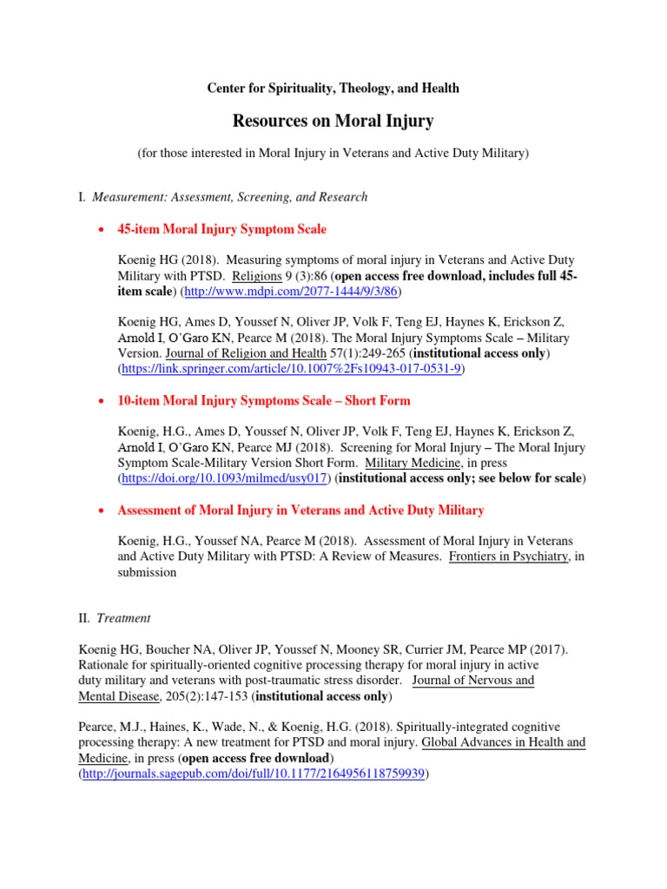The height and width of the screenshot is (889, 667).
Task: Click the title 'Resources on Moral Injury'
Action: pyautogui.click(x=333, y=121)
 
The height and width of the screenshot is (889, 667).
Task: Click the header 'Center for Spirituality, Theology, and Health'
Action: pyautogui.click(x=333, y=89)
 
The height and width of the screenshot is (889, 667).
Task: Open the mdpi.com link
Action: pyautogui.click(x=283, y=292)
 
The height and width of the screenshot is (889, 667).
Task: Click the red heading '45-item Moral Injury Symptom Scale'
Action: pyautogui.click(x=221, y=229)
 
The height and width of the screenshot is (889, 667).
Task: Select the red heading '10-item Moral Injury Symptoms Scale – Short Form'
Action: pyautogui.click(x=263, y=401)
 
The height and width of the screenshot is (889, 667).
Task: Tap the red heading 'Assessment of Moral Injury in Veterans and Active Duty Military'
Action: pyautogui.click(x=300, y=510)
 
